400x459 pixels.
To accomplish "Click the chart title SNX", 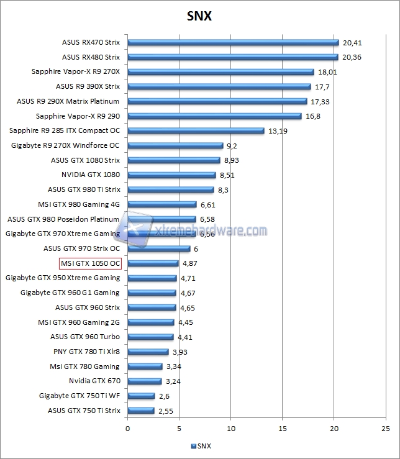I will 199,16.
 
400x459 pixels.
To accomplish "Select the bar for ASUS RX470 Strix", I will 233,43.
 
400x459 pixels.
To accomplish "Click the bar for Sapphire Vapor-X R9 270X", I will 220,72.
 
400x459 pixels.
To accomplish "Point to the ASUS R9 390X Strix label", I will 88,86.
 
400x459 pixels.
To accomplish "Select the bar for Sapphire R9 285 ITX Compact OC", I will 196,131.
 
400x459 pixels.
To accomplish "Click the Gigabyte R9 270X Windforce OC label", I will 65,145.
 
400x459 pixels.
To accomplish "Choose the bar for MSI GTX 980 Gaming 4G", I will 162,204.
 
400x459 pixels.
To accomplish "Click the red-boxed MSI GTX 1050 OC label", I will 90,263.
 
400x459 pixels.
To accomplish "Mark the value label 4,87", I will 189,263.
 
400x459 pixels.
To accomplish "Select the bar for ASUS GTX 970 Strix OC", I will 159,248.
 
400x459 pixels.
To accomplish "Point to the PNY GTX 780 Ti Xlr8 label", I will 86,352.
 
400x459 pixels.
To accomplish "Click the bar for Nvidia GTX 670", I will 145,381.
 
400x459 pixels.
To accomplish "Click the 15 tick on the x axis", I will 283,429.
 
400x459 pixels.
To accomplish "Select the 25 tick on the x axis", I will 386,429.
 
